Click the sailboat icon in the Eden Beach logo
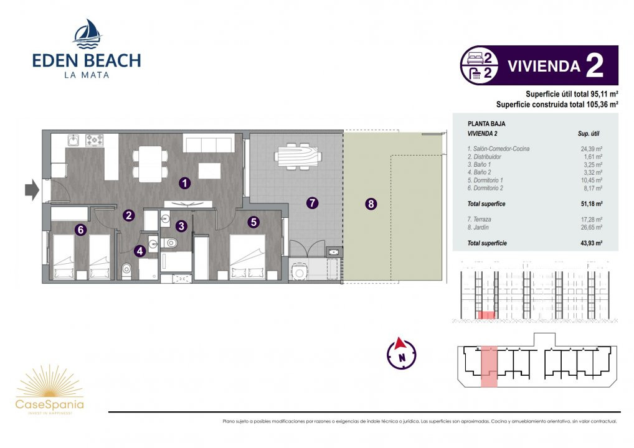pyautogui.click(x=87, y=34)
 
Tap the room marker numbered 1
pyautogui.click(x=185, y=184)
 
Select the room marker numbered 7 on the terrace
pyautogui.click(x=312, y=203)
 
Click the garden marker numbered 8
pyautogui.click(x=371, y=204)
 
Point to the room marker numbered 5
pyautogui.click(x=253, y=222)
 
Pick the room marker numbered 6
pyautogui.click(x=81, y=230)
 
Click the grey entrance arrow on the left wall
pyautogui.click(x=32, y=189)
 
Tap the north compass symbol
pyautogui.click(x=402, y=353)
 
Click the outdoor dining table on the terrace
pyautogui.click(x=298, y=156)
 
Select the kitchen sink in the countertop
pyautogui.click(x=73, y=140)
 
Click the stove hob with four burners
pyautogui.click(x=94, y=140)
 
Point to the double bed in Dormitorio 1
pyautogui.click(x=247, y=258)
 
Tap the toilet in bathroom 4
pyautogui.click(x=126, y=270)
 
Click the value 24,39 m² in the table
pyautogui.click(x=591, y=149)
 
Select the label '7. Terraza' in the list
pyautogui.click(x=479, y=220)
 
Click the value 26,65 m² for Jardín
pyautogui.click(x=591, y=228)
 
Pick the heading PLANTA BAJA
pyautogui.click(x=486, y=124)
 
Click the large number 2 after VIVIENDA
pyautogui.click(x=594, y=65)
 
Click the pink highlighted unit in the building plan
pyautogui.click(x=489, y=366)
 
